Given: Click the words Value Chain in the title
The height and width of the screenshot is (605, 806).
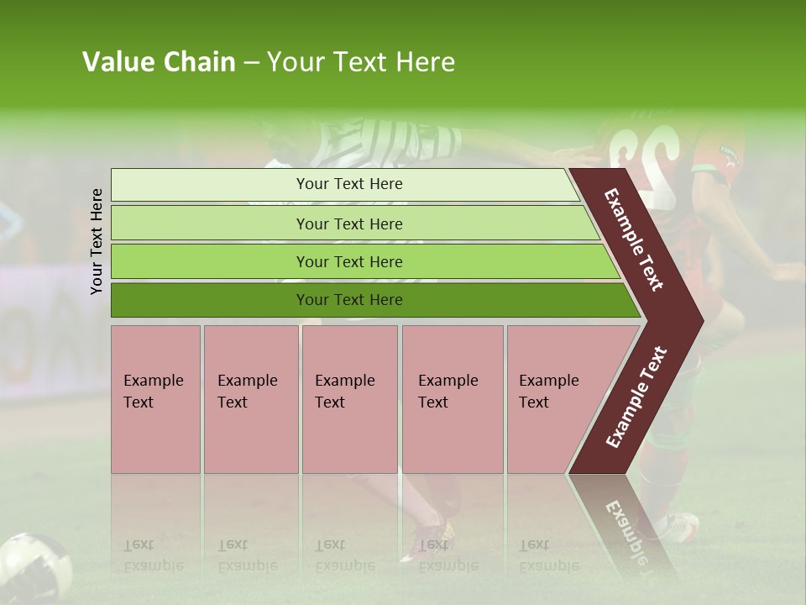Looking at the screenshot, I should point(159,62).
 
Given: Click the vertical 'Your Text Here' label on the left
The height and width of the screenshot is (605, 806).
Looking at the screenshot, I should point(97,241).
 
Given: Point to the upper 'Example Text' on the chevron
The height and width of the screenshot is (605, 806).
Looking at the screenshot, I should point(634,239).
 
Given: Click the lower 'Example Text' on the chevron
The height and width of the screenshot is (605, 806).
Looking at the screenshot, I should point(636,397).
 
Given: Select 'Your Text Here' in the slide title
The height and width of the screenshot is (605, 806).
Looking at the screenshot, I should point(361,62).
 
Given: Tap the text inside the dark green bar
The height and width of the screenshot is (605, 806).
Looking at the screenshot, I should point(349,300).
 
